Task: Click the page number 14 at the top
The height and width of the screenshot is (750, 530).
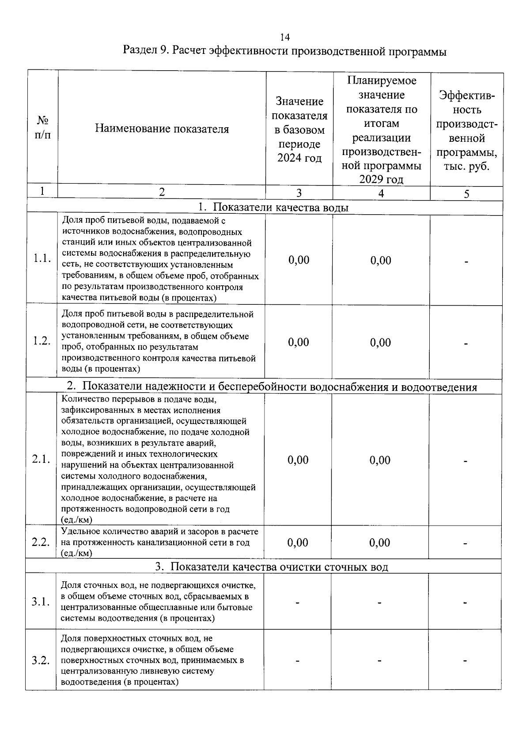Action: pos(284,37)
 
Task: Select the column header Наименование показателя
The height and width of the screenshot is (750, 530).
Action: pos(162,129)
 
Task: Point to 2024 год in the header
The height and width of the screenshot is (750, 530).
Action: pos(299,158)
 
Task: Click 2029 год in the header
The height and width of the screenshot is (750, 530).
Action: pos(381,179)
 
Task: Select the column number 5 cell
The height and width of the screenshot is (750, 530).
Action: pos(466,193)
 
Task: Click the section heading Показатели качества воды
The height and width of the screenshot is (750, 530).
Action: pos(273,208)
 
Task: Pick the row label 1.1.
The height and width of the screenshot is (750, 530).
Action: pos(42,259)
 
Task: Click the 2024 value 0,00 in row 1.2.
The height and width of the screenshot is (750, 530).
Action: pos(299,342)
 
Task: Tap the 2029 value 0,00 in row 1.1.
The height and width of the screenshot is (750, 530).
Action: pos(381,260)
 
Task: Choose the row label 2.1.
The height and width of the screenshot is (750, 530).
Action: pos(41,459)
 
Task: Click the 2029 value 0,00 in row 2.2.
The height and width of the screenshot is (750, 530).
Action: pos(380,542)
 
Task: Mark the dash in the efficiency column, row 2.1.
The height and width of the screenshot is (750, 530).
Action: pos(465,461)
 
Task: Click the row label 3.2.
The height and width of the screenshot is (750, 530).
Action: pos(40,661)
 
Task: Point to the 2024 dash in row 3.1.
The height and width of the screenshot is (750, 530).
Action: pos(298,602)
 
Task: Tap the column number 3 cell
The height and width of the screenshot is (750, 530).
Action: pos(299,193)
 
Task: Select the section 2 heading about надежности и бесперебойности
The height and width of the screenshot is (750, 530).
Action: pos(272,387)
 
